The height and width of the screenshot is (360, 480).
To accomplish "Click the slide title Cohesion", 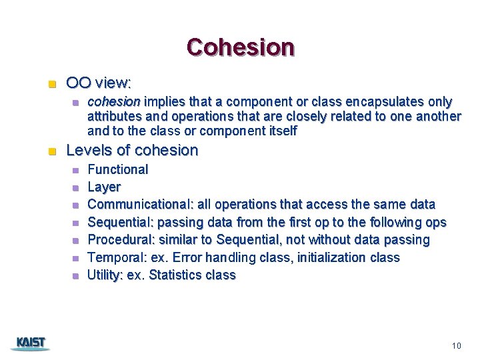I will [240, 47].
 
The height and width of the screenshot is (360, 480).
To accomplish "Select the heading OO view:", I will [99, 83].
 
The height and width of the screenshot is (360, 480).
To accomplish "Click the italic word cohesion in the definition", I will [114, 102].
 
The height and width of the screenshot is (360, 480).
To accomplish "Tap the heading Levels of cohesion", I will [132, 150].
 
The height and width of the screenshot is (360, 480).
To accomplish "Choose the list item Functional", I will [118, 169].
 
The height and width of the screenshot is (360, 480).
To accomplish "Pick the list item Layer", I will [104, 187].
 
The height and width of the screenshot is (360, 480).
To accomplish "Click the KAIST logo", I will [31, 343].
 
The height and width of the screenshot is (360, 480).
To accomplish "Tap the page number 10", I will [456, 345].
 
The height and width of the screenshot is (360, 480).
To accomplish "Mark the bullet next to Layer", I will [75, 188].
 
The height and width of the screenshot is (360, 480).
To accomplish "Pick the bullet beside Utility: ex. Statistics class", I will [75, 275].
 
